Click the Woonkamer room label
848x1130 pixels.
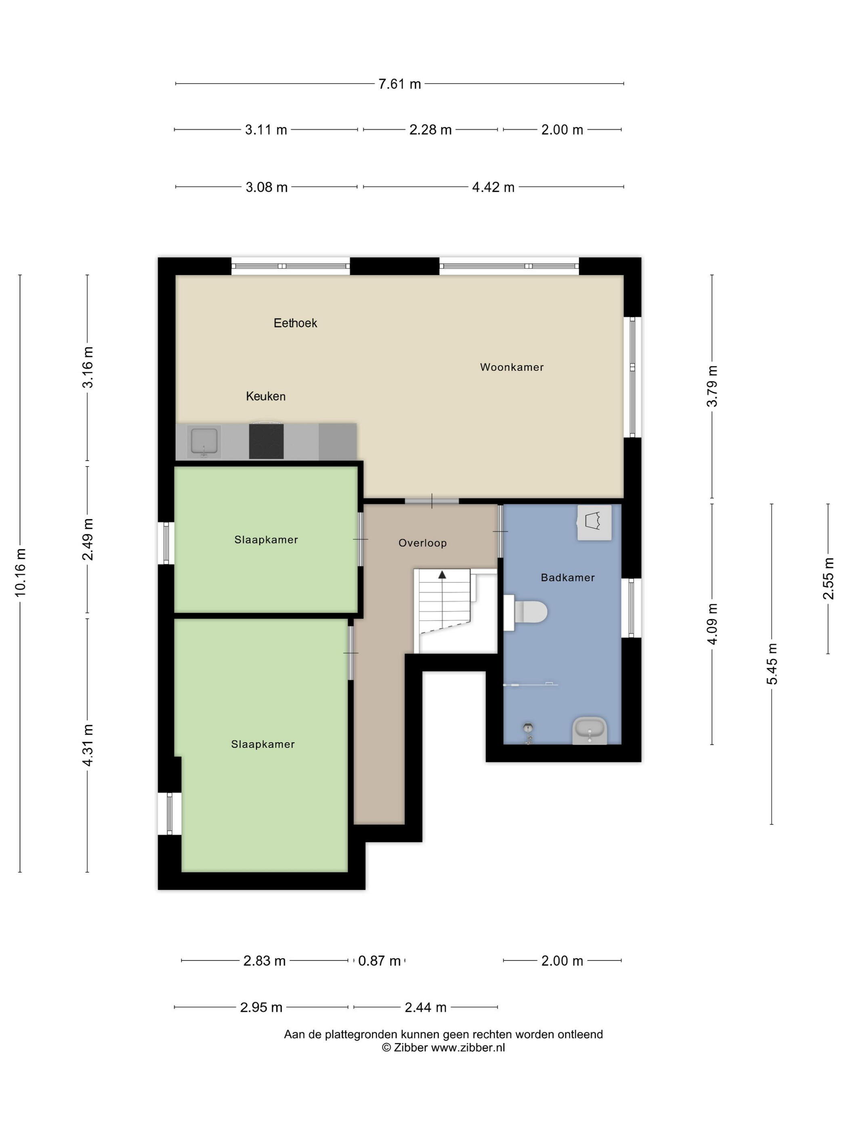(511, 367)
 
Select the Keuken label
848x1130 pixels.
(265, 396)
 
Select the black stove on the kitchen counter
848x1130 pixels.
(266, 440)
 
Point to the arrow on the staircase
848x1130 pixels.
(442, 575)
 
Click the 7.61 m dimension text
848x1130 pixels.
(399, 84)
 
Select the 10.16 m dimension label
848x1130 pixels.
(21, 572)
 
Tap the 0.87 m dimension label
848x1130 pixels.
(379, 961)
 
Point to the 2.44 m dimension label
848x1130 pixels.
(425, 1007)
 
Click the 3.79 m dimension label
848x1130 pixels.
(712, 386)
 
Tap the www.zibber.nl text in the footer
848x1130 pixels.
(468, 1047)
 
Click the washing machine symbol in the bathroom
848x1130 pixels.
(594, 522)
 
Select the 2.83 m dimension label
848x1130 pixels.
(264, 961)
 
